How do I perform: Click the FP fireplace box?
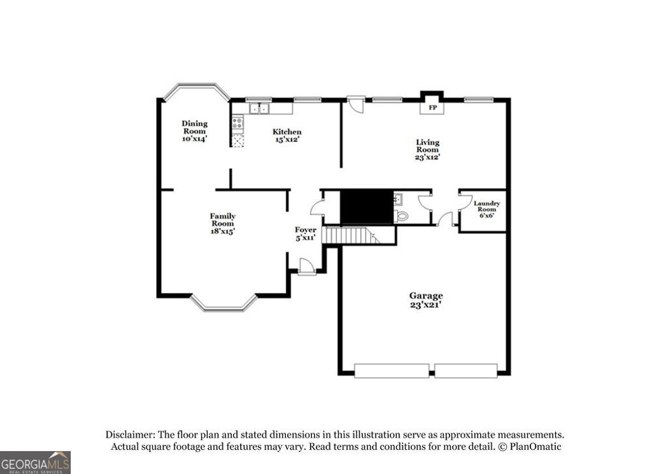coord(432,108)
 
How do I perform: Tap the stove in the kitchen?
coord(237,122)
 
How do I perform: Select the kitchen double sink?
coord(259,109)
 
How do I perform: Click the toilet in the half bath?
coord(402,215)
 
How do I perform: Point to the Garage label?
coord(426,300)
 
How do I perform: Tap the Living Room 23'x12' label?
coord(428,149)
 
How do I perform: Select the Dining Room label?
coord(194,131)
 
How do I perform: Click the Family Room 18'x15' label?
coord(222,224)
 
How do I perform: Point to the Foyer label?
coord(305,233)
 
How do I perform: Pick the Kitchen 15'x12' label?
coord(287,135)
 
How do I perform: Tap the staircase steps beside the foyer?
coord(347,235)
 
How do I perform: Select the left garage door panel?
coord(392,370)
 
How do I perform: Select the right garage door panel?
coord(466,370)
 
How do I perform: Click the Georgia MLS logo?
coord(35,462)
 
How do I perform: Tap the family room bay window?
coord(224,306)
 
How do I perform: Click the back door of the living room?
coord(356,104)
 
